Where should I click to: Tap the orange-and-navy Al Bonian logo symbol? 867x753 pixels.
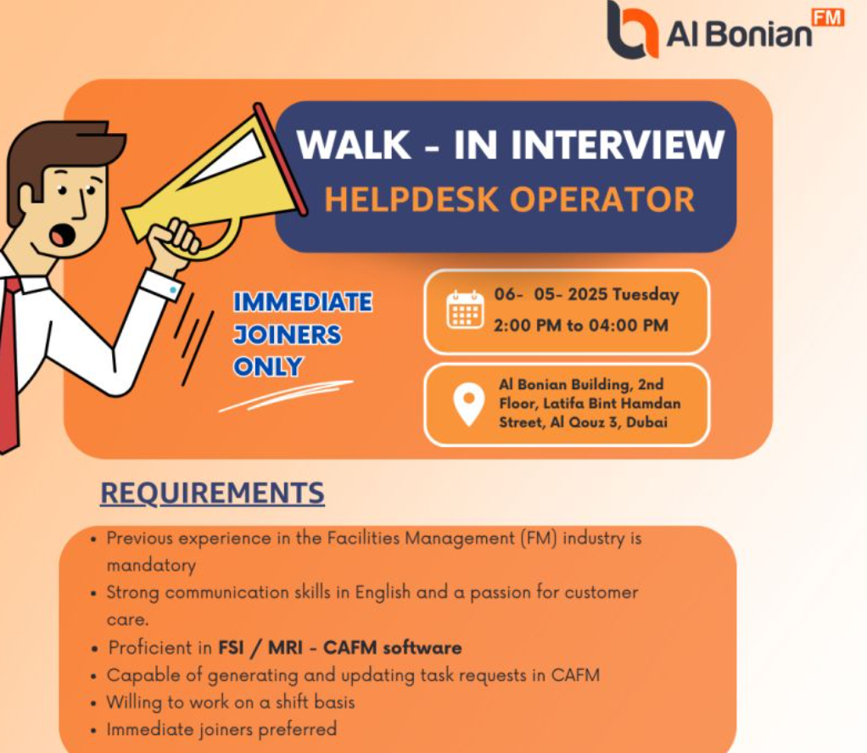tap(632, 29)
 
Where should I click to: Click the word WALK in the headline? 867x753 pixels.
tap(354, 144)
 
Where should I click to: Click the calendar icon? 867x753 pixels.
tap(465, 310)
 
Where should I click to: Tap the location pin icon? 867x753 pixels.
tap(468, 404)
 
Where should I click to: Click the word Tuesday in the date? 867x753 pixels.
tap(646, 295)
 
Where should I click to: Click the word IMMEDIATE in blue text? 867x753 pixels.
tap(303, 303)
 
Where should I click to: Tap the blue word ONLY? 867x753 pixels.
tap(267, 366)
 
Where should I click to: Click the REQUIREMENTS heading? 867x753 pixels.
tap(212, 493)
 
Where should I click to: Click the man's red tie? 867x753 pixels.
tap(10, 365)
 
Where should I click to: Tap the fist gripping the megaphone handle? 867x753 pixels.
tap(176, 243)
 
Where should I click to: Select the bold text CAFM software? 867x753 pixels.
tap(392, 647)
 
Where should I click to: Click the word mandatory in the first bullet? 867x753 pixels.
tap(151, 566)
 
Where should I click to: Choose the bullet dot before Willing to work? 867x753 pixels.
tap(93, 703)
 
